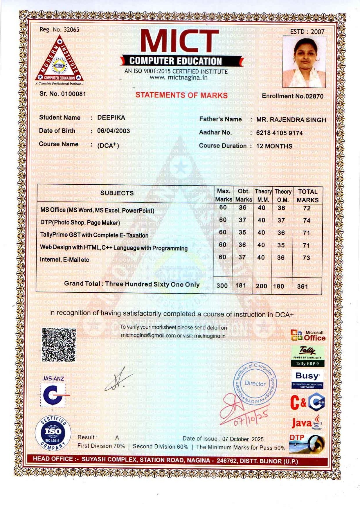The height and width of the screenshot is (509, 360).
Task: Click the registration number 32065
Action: click(x=71, y=29)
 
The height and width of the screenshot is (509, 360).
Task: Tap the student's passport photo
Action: click(x=304, y=62)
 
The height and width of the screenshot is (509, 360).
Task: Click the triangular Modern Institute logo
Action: click(x=59, y=60)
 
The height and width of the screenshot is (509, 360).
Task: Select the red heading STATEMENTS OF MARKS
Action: click(x=181, y=95)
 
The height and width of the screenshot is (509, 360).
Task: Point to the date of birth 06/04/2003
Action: click(x=114, y=131)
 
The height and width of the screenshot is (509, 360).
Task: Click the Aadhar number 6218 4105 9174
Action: click(x=279, y=133)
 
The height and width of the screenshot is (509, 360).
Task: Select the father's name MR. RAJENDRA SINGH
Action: click(x=291, y=120)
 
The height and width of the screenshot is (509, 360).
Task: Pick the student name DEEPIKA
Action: click(x=111, y=117)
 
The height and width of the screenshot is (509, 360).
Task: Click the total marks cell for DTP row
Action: click(x=307, y=221)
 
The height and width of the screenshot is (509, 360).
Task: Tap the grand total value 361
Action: click(x=303, y=286)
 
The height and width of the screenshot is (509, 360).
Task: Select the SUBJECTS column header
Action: click(x=117, y=193)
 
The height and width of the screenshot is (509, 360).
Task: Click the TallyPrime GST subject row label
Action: click(x=94, y=235)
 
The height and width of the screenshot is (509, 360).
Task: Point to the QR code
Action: click(x=59, y=345)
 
